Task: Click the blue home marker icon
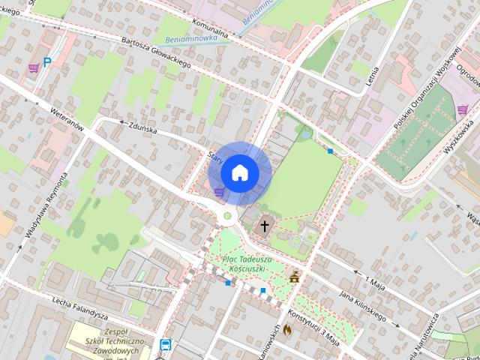[x=239, y=172]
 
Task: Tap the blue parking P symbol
[x=46, y=64]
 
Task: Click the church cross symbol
[x=264, y=225]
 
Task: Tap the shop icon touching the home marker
[x=219, y=192]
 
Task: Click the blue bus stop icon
[x=165, y=344]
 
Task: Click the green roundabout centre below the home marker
[x=227, y=217]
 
